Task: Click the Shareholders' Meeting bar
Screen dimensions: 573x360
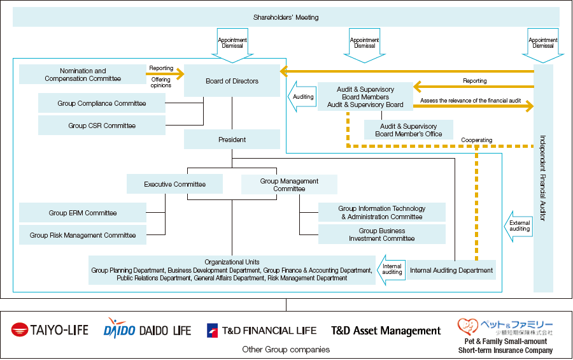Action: click(x=286, y=17)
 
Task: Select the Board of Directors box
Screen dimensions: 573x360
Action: click(x=232, y=81)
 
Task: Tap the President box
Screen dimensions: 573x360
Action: click(x=232, y=140)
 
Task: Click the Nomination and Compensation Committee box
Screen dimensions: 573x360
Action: click(x=83, y=75)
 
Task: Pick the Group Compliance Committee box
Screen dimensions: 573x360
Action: click(x=102, y=103)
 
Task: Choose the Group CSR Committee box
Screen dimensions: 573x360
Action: click(x=102, y=126)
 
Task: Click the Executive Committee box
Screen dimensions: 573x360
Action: click(x=174, y=184)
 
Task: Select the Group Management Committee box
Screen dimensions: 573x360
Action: click(x=289, y=184)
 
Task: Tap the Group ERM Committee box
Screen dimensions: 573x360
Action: click(x=83, y=213)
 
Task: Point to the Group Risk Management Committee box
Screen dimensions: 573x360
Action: click(x=83, y=235)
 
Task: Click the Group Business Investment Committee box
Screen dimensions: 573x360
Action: click(x=382, y=234)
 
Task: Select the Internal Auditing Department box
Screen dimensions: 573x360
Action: click(x=451, y=270)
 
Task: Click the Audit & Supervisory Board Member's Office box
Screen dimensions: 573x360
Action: click(x=409, y=130)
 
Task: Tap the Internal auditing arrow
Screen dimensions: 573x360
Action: click(x=392, y=270)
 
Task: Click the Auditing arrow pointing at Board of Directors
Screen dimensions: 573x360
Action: click(x=302, y=97)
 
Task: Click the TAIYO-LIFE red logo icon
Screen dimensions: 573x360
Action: click(x=19, y=329)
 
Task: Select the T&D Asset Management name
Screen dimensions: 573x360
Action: click(x=386, y=331)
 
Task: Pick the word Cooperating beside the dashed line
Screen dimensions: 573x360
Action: click(x=476, y=140)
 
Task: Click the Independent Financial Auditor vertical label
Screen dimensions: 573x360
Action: click(x=543, y=178)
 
